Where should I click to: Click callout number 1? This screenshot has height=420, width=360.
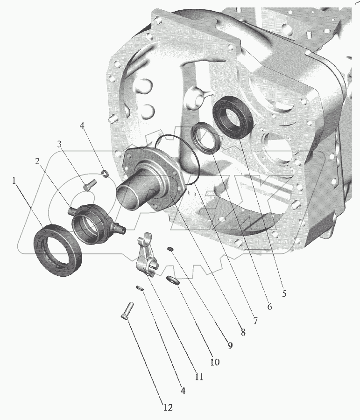coord(14,181)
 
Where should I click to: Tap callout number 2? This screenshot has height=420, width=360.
coord(37,161)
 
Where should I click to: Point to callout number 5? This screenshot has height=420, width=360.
coord(284,294)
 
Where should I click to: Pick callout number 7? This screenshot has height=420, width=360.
coord(255,320)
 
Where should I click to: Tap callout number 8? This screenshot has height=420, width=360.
coord(243,332)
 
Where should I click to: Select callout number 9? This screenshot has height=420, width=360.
coord(230,346)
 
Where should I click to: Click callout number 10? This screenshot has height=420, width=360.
coord(215,362)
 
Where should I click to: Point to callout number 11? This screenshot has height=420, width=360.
coord(199,377)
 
